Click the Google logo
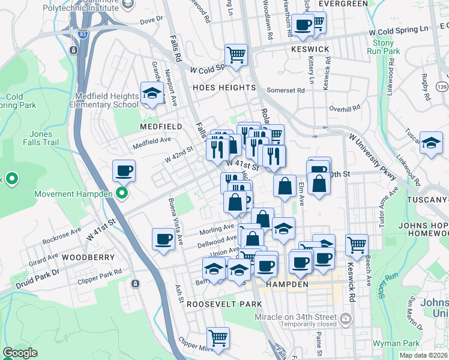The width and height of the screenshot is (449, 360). click(20, 353)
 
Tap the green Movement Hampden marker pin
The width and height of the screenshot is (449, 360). click(122, 193)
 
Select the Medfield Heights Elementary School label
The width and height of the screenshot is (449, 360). click(106, 100)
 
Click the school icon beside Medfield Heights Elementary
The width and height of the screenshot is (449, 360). click(152, 94)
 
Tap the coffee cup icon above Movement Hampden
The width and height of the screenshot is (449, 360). click(124, 171)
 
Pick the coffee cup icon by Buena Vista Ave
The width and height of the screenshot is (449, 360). click(163, 239)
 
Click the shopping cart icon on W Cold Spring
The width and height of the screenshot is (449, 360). click(236, 55)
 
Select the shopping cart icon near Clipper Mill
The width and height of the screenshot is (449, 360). click(218, 338)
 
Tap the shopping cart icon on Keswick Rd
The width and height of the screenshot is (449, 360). click(357, 244)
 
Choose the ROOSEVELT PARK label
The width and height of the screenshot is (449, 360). click(215, 304)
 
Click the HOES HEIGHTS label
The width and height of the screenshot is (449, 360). click(215, 88)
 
